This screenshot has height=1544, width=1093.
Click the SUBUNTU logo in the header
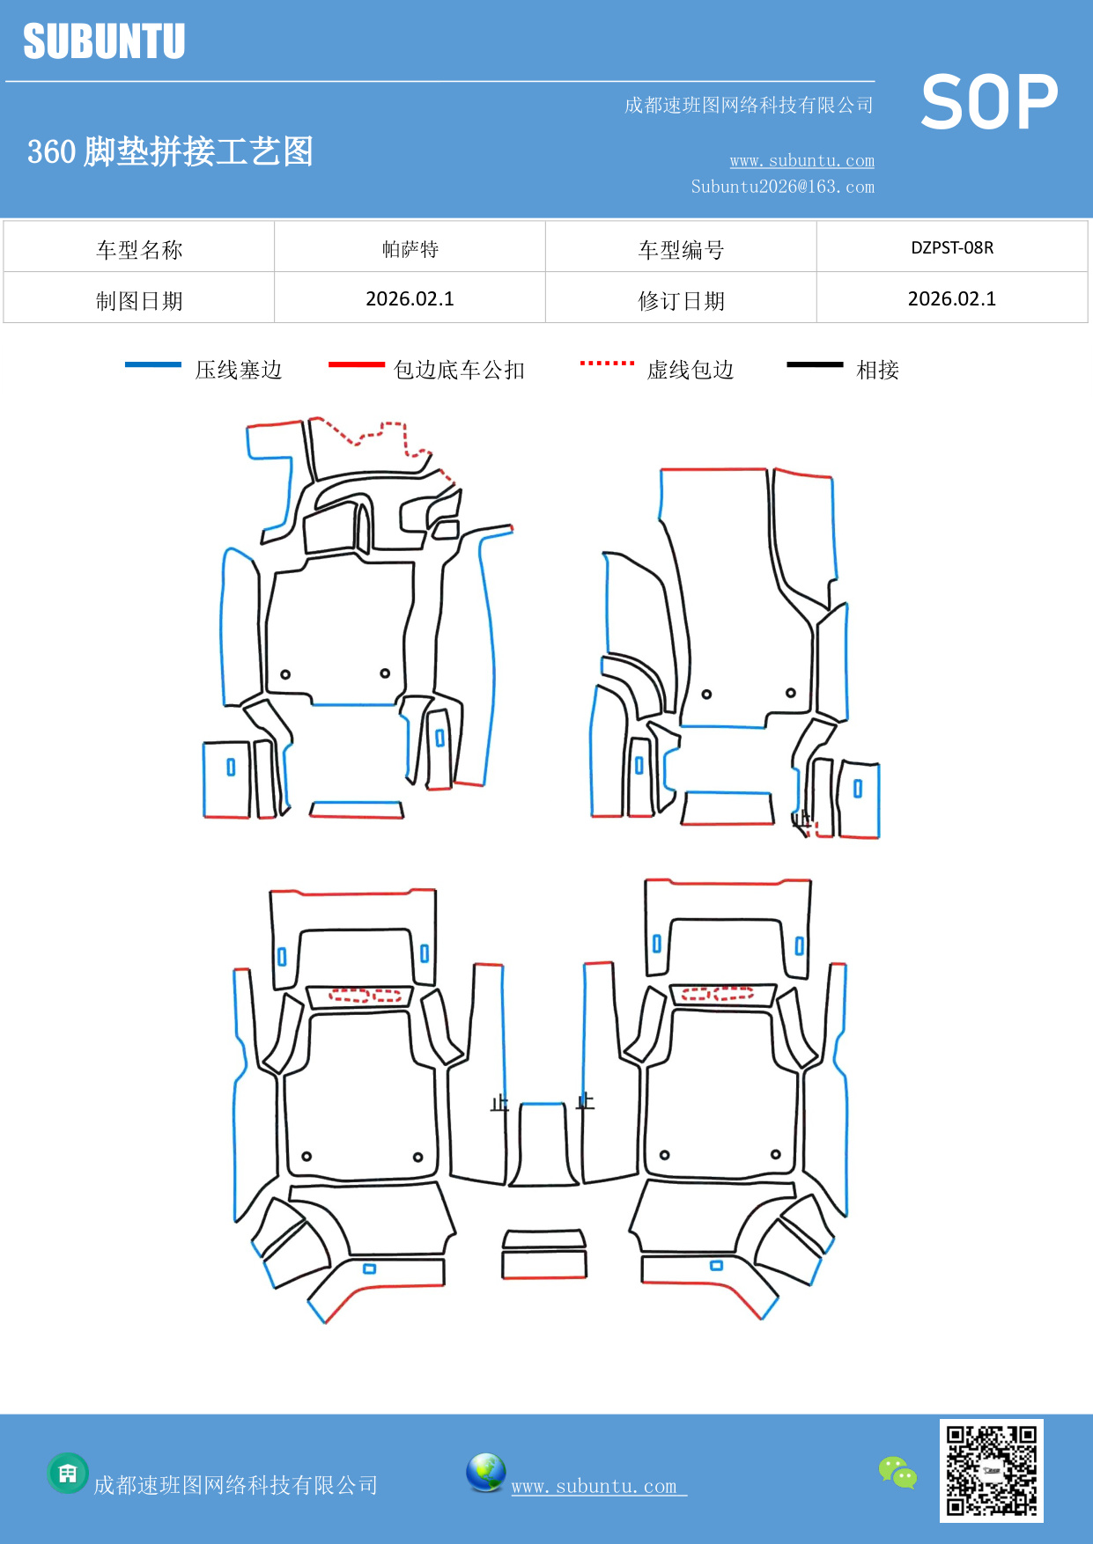[x=104, y=41]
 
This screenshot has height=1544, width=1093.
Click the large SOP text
[x=988, y=103]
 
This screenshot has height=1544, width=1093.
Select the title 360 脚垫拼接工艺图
[x=170, y=151]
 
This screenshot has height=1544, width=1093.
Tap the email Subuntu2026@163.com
[x=782, y=187]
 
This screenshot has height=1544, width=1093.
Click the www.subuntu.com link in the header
[x=801, y=160]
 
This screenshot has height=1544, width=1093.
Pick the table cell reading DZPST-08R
[x=952, y=247]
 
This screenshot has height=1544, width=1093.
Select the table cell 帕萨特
[x=410, y=249]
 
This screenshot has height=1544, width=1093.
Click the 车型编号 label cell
[x=681, y=249]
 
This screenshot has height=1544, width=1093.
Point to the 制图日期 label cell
[x=139, y=300]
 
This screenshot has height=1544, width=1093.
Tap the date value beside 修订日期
[x=952, y=298]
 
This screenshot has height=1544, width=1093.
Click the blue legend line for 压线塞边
[x=152, y=364]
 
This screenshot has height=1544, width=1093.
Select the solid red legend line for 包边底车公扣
[x=356, y=364]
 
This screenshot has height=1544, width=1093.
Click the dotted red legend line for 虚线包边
[x=607, y=363]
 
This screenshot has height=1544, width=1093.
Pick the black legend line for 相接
[x=815, y=364]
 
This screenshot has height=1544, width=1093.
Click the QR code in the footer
[x=991, y=1470]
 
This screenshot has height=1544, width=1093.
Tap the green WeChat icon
[x=897, y=1472]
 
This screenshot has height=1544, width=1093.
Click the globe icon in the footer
[x=485, y=1473]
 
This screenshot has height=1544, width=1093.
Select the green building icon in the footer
[x=68, y=1473]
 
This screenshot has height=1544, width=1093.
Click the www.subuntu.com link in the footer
[x=595, y=1486]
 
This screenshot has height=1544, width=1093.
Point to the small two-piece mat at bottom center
[x=544, y=1254]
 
